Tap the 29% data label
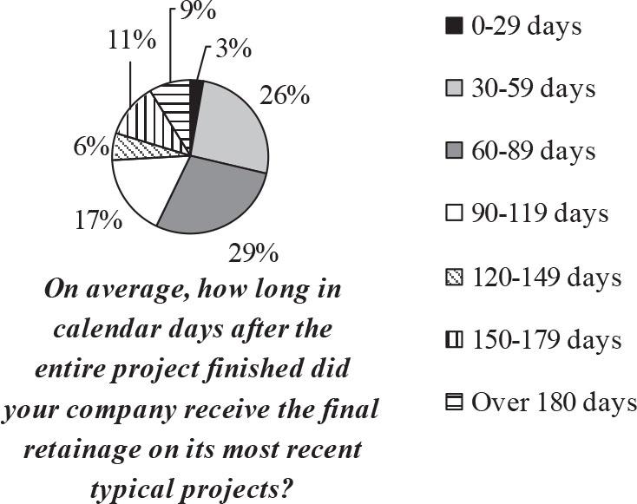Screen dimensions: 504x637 pos(254,254)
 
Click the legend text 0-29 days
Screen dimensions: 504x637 pos(526,26)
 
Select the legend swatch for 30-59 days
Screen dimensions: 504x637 pos(454,88)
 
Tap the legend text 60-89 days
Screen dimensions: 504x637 pos(534,150)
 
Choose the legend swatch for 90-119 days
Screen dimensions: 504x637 pos(454,214)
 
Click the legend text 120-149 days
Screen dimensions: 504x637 pos(548,278)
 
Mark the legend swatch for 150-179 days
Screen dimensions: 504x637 pos(454,341)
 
